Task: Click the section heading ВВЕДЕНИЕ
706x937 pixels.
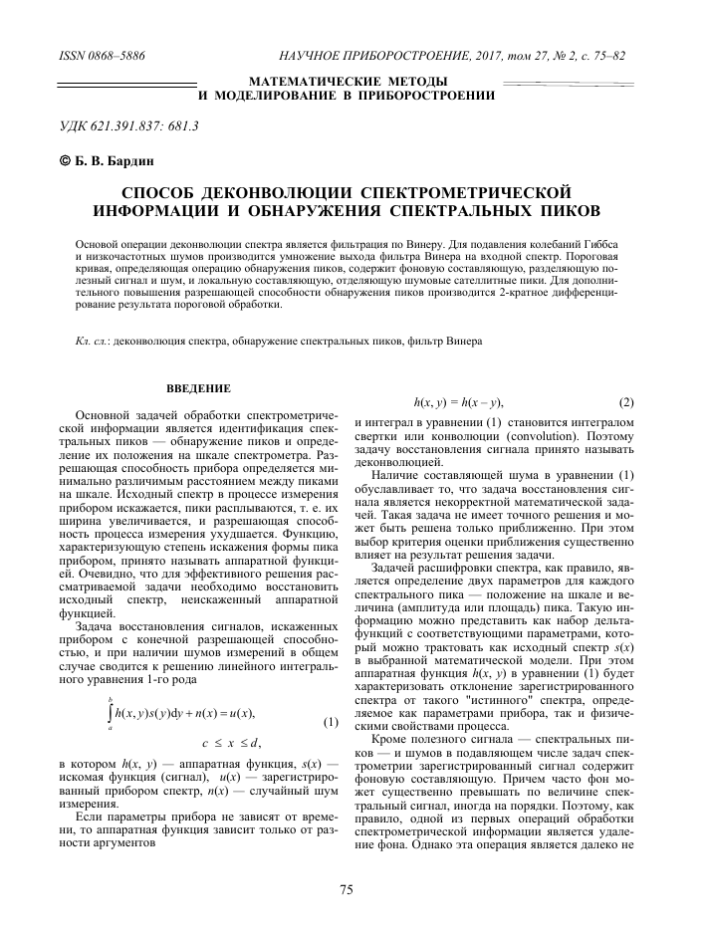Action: click(x=199, y=387)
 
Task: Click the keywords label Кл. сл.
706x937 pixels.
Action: click(x=93, y=342)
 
